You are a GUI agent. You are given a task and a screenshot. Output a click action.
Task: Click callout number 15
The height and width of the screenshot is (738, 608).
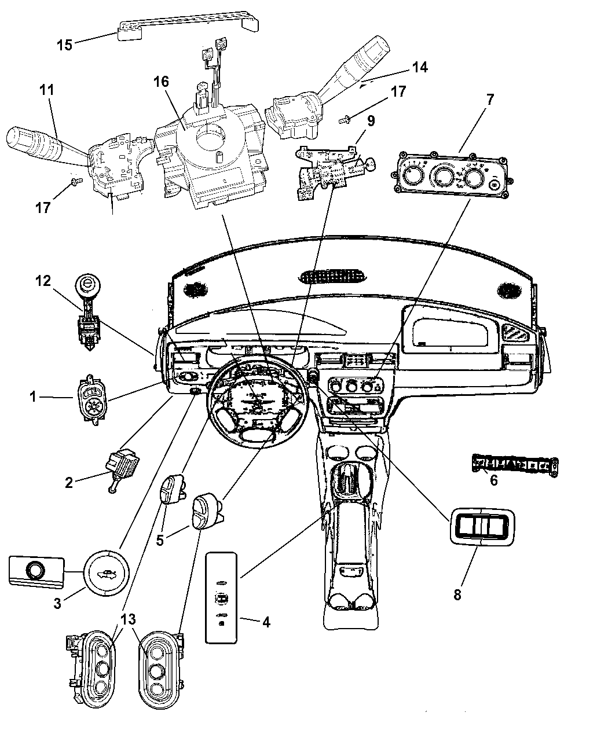pos(65,45)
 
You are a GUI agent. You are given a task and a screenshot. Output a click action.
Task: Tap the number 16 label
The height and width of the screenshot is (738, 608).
pos(162,82)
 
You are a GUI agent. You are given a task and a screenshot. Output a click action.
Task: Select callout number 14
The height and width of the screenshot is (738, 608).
pos(420,67)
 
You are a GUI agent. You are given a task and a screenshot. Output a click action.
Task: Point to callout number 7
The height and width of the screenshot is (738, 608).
pos(489,100)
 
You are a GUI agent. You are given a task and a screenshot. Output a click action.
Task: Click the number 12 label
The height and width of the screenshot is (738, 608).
pos(43,281)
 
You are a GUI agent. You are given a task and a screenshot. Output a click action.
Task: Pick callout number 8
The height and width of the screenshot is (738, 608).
pos(457,595)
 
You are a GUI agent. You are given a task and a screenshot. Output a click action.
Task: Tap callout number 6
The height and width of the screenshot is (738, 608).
pos(493,480)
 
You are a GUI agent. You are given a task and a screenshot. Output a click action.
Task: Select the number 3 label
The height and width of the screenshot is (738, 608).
pos(57,603)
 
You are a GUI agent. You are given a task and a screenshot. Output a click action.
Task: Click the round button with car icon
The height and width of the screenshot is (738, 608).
pos(106,573)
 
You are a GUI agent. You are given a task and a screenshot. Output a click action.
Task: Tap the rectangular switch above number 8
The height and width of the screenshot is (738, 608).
pos(482,527)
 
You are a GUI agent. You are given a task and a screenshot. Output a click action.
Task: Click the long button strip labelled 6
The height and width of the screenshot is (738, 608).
pos(515,466)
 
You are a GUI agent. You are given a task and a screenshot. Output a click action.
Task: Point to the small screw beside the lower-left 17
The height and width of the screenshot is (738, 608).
pos(76,181)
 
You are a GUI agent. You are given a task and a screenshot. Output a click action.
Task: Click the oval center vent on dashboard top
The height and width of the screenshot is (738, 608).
pos(332,277)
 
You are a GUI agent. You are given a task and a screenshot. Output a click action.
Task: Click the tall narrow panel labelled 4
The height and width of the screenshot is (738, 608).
pos(221,598)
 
